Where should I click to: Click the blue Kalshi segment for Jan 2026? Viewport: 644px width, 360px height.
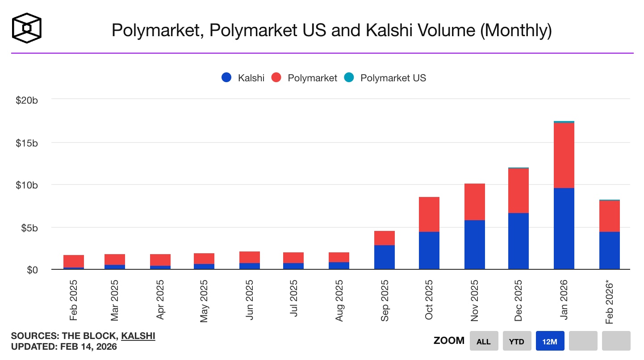[564, 229]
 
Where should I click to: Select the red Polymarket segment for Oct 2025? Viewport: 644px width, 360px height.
[429, 214]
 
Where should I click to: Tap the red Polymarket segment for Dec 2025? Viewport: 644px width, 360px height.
[519, 191]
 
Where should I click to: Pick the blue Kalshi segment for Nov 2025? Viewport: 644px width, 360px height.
[474, 245]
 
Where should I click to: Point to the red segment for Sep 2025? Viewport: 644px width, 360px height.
[384, 238]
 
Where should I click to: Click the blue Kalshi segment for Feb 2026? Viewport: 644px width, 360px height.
[609, 250]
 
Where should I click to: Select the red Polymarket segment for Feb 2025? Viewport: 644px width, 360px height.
[74, 261]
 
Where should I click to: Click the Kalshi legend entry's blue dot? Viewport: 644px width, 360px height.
[226, 78]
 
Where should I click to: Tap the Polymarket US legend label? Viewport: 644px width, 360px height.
[393, 78]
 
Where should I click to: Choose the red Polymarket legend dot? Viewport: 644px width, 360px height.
[276, 78]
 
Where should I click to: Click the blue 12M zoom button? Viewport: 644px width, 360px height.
[550, 342]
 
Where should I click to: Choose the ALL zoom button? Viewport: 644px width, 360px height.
[483, 342]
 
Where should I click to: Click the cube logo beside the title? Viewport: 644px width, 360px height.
[27, 28]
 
